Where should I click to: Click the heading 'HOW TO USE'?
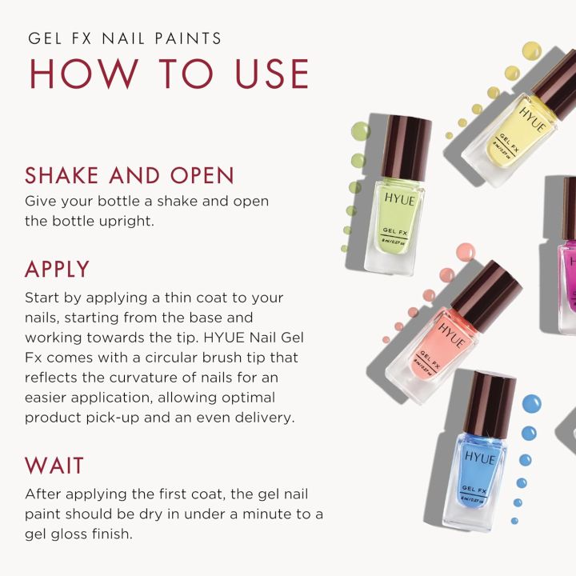[x=169, y=74]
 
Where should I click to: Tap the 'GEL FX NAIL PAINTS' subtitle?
[x=125, y=38]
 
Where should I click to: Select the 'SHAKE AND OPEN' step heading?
[x=130, y=175]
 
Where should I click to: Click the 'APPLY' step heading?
[x=57, y=269]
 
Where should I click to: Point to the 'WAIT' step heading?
[x=54, y=466]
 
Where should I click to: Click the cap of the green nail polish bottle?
[x=406, y=148]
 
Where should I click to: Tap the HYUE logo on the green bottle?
[x=400, y=200]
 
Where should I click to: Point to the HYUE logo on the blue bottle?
[x=480, y=458]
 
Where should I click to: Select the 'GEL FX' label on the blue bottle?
[x=474, y=489]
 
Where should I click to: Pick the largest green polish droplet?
[x=360, y=131]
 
